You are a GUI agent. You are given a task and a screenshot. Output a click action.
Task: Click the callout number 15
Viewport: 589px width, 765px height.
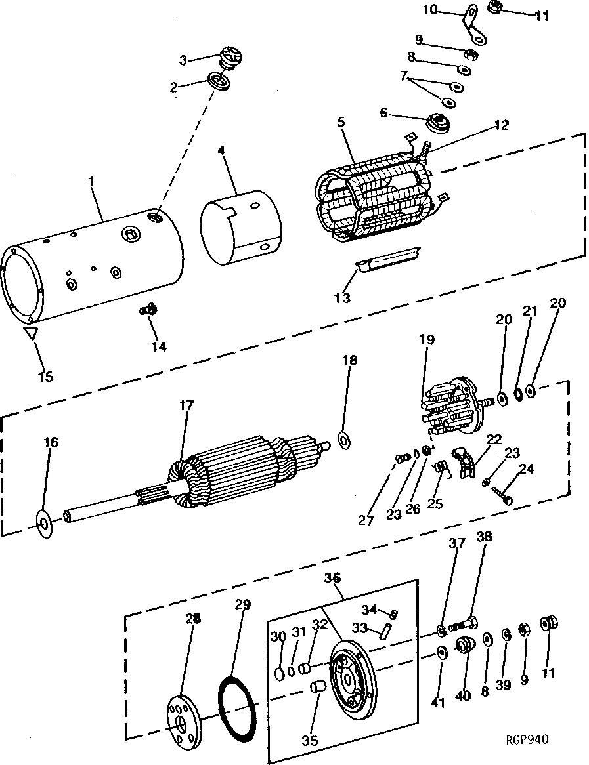45,377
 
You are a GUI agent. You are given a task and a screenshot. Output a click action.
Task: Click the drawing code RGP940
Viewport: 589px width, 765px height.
527,739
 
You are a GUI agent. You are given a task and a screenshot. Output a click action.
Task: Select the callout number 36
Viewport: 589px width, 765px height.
332,578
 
